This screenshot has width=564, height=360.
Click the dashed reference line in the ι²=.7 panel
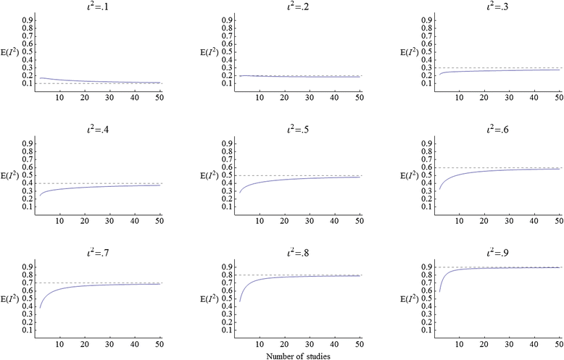(x=101, y=282)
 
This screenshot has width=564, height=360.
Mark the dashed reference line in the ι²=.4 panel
(x=101, y=183)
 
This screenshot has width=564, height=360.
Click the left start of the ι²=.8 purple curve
(x=239, y=301)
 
